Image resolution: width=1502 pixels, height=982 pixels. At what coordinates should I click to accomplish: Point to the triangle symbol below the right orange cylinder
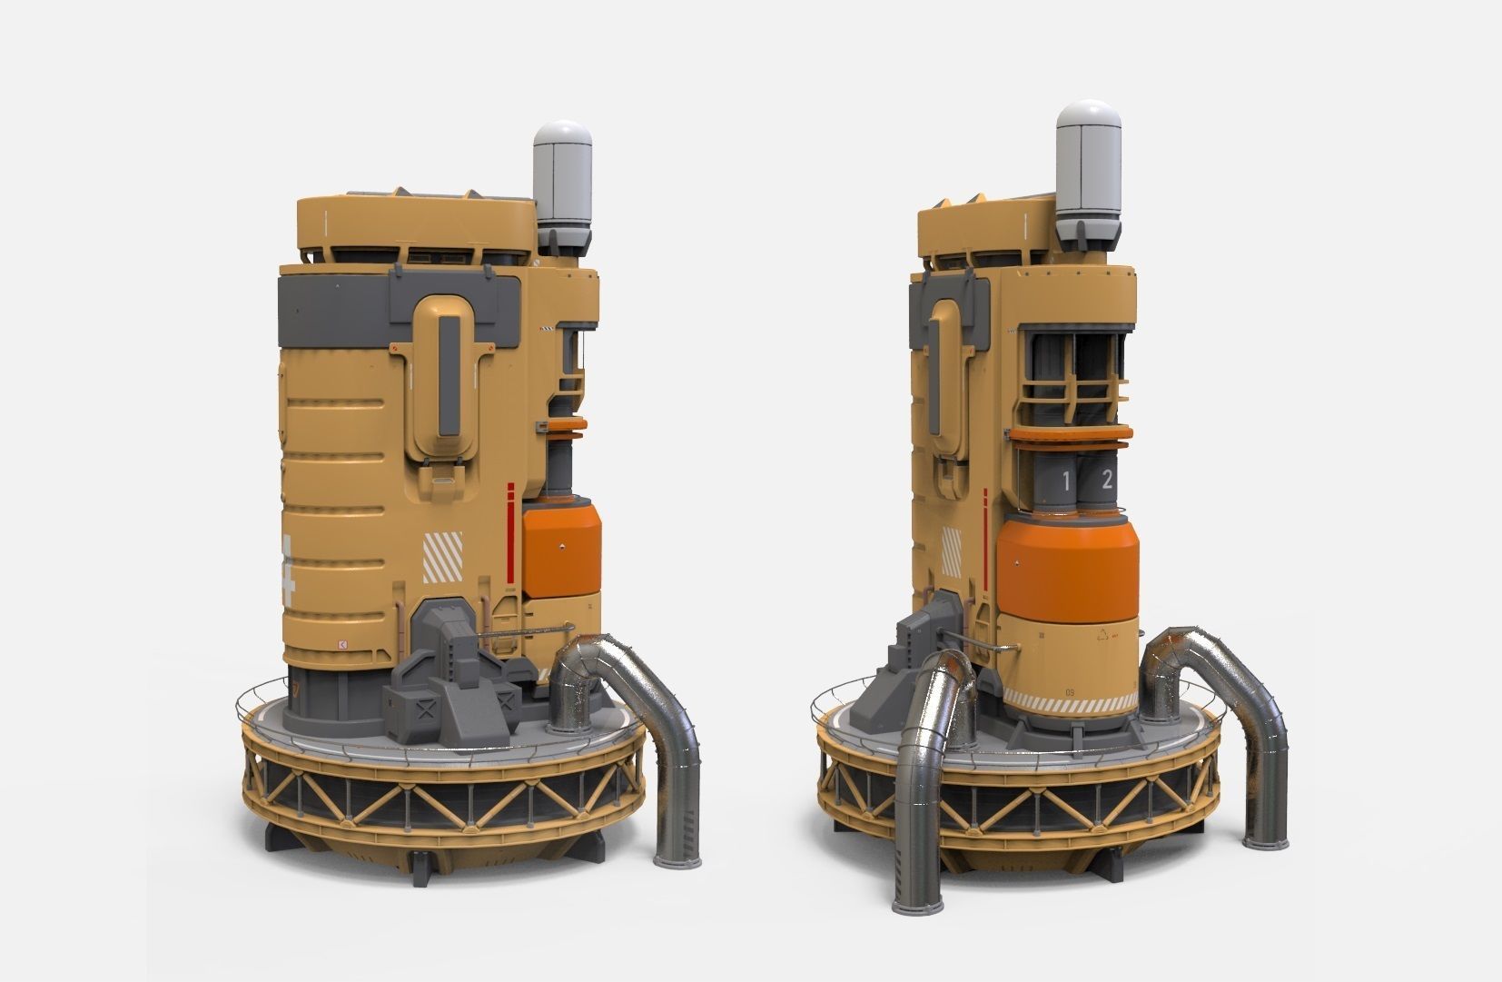pos(1104,636)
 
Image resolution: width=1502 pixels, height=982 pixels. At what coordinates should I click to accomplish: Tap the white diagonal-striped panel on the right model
pos(953,551)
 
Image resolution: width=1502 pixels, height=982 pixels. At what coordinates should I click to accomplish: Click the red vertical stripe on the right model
pos(986,527)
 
